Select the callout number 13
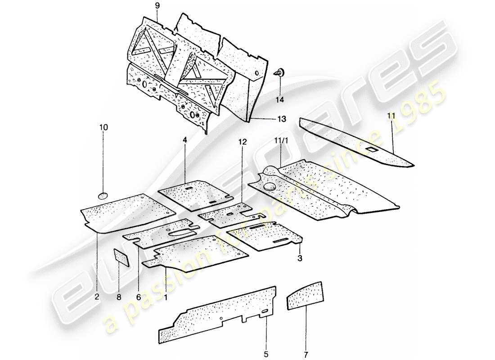[282, 119]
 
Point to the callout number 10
[103, 128]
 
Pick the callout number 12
[243, 142]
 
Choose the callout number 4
[184, 140]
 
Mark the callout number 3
[299, 258]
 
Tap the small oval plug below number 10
[103, 195]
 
